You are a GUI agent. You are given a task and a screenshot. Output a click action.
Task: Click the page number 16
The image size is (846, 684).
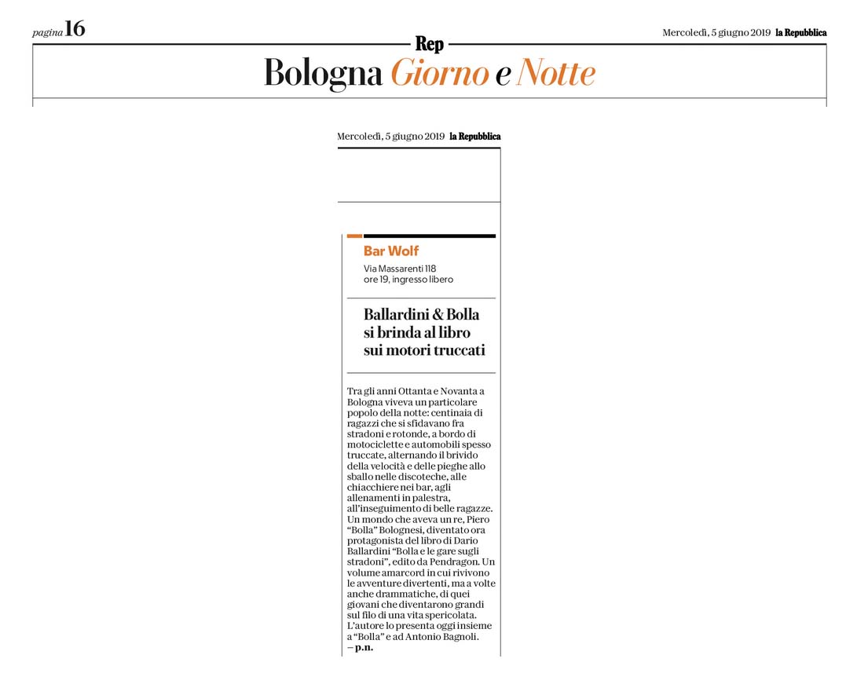[x=75, y=30]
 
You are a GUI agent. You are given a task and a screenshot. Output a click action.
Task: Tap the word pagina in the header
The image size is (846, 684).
[x=47, y=32]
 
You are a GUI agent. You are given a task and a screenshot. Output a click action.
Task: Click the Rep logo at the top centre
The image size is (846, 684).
[x=429, y=45]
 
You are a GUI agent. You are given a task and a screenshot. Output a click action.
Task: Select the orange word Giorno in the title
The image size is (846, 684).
[x=440, y=74]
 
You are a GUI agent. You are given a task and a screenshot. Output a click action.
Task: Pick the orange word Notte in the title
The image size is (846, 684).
[x=555, y=74]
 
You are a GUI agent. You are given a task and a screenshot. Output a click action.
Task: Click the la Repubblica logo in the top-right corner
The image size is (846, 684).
[x=801, y=32]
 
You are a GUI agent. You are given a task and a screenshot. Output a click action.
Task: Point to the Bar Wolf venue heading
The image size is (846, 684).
[x=391, y=251]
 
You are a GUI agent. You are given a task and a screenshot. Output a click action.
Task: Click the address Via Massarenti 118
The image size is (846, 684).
[x=400, y=269]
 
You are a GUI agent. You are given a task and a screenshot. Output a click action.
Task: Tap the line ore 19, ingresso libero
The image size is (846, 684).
[x=408, y=280]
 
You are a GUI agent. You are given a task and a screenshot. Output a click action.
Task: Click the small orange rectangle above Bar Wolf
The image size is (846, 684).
[x=354, y=236]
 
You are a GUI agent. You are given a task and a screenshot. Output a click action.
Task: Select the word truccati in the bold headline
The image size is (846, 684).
[x=453, y=350]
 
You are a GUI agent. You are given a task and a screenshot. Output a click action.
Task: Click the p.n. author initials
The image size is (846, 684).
[x=364, y=648]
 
